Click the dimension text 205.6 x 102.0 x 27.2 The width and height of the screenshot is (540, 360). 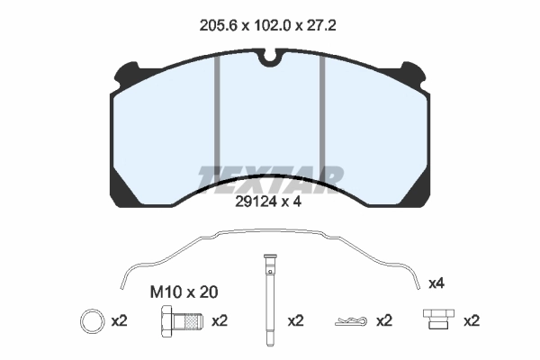[x=269, y=26]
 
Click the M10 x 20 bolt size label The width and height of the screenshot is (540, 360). [x=183, y=292]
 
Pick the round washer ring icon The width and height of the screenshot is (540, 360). [x=92, y=320]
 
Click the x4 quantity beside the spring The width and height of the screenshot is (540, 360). [x=436, y=283]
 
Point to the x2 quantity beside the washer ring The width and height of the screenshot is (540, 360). [x=119, y=320]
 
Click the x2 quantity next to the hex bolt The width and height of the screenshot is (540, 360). [x=219, y=320]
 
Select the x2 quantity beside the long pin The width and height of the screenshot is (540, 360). [x=296, y=320]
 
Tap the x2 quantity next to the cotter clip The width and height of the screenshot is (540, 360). [x=384, y=320]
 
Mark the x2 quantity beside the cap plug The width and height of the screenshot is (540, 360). [x=471, y=320]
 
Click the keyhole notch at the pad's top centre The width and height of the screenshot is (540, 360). [x=269, y=61]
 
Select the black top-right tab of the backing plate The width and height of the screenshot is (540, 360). [x=415, y=70]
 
